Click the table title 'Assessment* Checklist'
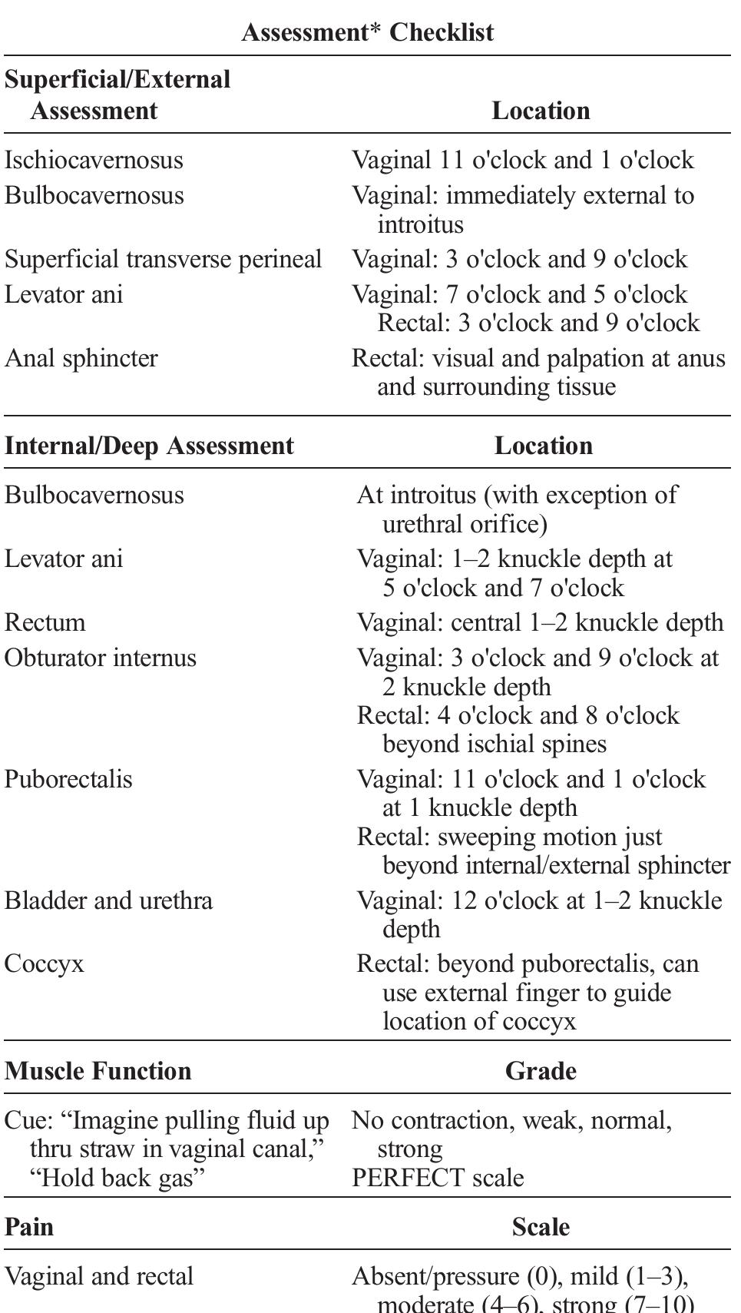tap(367, 32)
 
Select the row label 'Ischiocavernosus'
tap(94, 160)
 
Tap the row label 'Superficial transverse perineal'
tap(163, 259)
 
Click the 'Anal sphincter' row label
tap(81, 358)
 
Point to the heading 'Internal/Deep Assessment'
tap(149, 446)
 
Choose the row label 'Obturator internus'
tap(100, 658)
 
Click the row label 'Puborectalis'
tap(68, 779)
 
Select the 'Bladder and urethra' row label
tap(108, 900)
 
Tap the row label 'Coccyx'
tap(44, 964)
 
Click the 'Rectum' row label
tap(45, 622)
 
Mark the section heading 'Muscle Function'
tap(98, 1071)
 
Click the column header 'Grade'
tap(541, 1071)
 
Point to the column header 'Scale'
tap(541, 1227)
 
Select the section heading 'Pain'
tap(29, 1227)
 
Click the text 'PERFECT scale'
tap(438, 1178)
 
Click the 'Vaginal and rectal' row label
tap(98, 1277)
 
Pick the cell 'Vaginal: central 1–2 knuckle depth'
tap(540, 622)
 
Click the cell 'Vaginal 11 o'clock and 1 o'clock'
tap(522, 160)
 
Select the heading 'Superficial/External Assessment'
tap(117, 94)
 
